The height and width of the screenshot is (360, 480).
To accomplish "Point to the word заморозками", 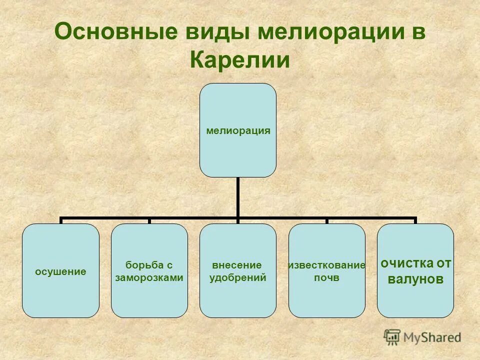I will coord(149,278).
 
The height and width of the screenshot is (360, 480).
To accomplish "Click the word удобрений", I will coord(238,278).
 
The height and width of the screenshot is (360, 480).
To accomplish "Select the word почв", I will coord(326,278).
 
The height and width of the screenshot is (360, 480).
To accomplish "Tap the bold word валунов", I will coord(415,279).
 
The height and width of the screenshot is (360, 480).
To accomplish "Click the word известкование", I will coord(326,265).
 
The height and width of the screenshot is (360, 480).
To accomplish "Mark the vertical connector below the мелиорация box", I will coord(238,197).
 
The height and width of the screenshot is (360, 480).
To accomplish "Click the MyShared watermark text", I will coord(432,337).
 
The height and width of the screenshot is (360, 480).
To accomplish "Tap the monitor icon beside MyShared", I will coord(392,337).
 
